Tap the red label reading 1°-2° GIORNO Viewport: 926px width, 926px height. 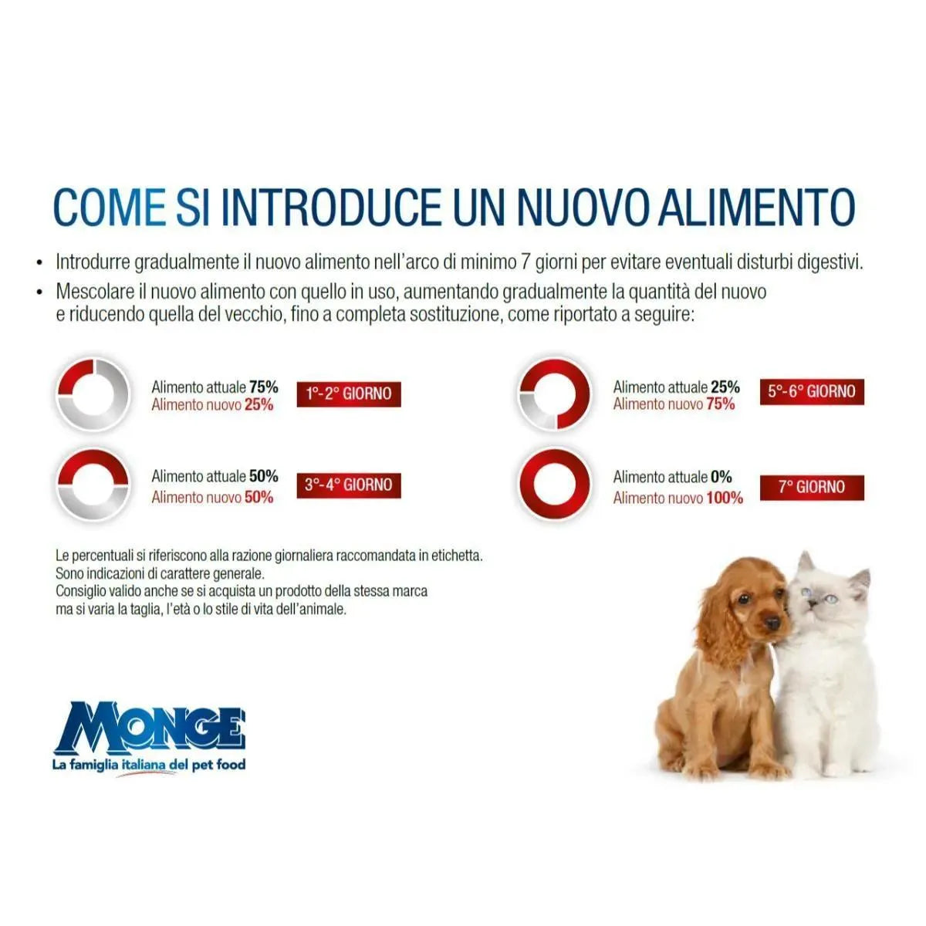(349, 394)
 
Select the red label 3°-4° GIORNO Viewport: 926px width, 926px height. (349, 485)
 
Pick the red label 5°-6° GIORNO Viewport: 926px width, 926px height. (811, 391)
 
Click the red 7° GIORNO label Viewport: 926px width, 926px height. (811, 487)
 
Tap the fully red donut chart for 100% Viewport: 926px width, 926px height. (554, 485)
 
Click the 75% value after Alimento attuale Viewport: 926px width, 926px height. (263, 387)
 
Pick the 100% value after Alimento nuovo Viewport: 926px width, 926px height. (725, 498)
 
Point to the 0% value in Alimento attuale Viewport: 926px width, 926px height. (721, 477)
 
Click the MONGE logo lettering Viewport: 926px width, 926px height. (150, 726)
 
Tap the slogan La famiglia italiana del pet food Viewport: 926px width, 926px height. (148, 765)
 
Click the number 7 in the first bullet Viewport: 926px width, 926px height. (526, 262)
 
